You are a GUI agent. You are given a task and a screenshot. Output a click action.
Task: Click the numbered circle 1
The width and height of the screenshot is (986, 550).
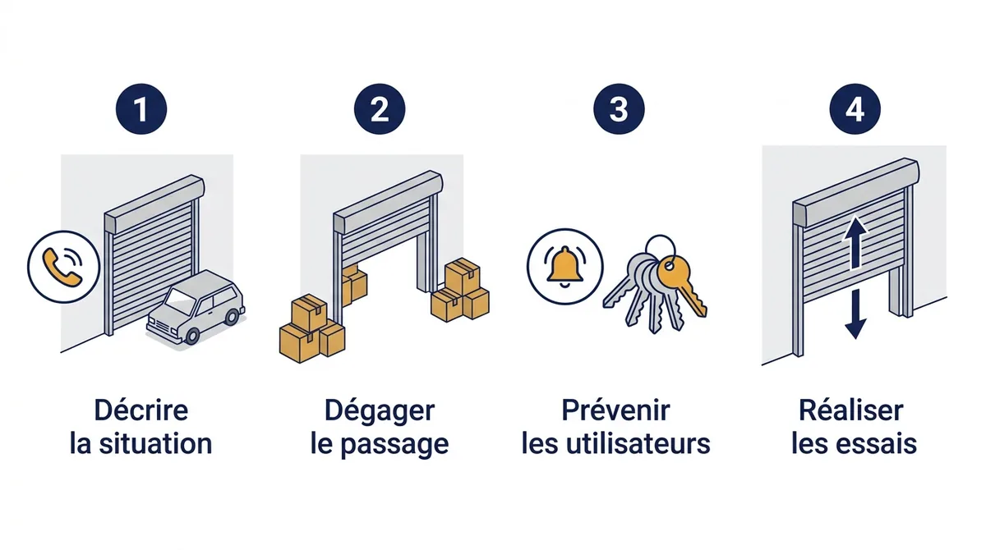tap(141, 109)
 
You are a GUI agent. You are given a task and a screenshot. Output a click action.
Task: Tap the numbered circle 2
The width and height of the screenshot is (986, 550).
tap(380, 109)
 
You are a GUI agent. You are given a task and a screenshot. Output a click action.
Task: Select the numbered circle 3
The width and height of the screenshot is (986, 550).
tap(619, 109)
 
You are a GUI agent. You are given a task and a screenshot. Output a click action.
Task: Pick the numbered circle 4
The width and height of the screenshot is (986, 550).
tap(855, 109)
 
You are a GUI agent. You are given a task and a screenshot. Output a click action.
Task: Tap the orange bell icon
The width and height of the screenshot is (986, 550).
tap(564, 267)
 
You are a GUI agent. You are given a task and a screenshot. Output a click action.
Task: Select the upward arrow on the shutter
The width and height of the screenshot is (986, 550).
tap(855, 243)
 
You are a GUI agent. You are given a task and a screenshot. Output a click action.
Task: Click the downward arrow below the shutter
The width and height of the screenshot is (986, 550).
tap(855, 314)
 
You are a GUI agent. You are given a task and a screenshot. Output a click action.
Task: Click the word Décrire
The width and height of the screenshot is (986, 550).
tap(141, 410)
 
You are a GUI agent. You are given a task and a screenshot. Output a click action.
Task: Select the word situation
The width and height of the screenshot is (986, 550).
tap(155, 443)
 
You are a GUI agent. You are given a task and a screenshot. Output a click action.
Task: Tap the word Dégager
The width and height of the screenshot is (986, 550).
tap(380, 411)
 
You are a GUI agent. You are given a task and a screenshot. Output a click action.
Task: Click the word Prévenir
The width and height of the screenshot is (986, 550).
tap(615, 410)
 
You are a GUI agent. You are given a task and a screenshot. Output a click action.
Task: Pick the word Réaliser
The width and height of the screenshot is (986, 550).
tap(851, 410)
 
